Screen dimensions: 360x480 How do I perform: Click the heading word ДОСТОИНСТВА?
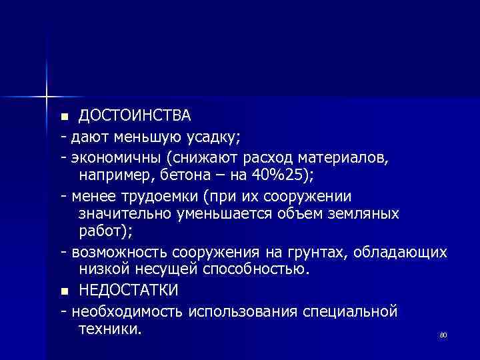(x=135, y=116)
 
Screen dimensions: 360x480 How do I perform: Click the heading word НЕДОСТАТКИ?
(x=129, y=291)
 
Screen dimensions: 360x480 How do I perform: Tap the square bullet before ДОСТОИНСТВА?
(x=64, y=117)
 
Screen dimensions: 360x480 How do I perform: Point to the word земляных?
(x=367, y=214)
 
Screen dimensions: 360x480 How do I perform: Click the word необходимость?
(x=127, y=311)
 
